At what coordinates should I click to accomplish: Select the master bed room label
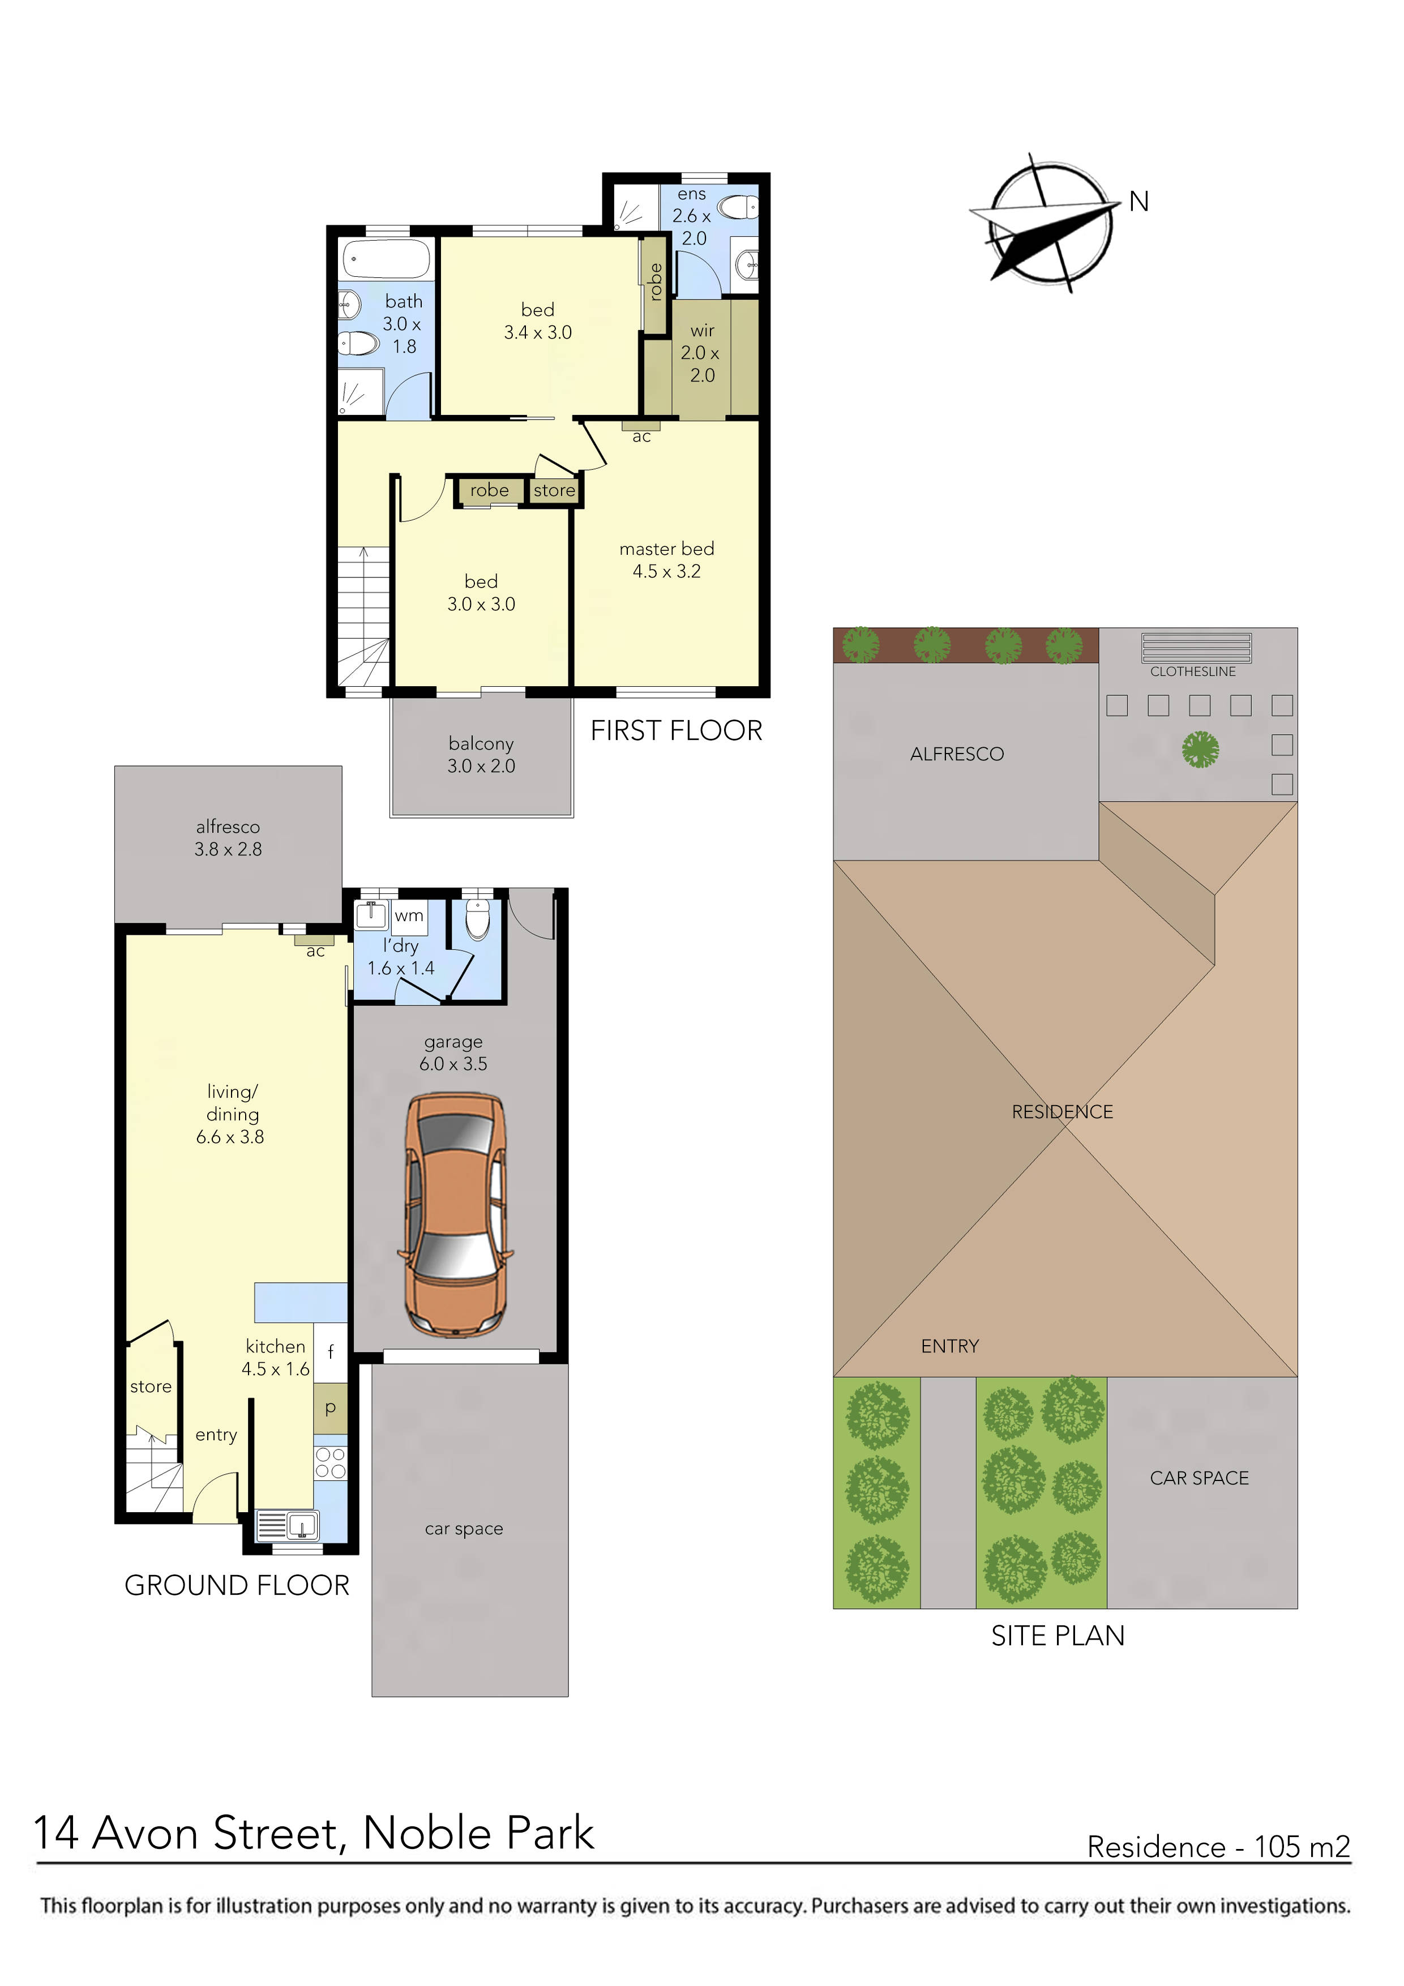[x=666, y=560]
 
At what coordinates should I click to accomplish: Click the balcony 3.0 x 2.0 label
[x=481, y=754]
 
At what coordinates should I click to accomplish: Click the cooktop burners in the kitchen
[x=331, y=1463]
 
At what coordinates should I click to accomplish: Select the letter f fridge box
[x=331, y=1352]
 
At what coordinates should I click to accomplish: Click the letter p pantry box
[x=331, y=1407]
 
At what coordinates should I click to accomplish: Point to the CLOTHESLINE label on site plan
[x=1192, y=671]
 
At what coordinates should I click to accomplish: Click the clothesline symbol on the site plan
[x=1196, y=647]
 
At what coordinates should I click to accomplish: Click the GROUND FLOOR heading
[x=237, y=1586]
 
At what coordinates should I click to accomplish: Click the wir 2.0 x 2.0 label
[x=701, y=353]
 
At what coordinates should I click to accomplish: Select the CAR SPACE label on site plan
[x=1199, y=1478]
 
